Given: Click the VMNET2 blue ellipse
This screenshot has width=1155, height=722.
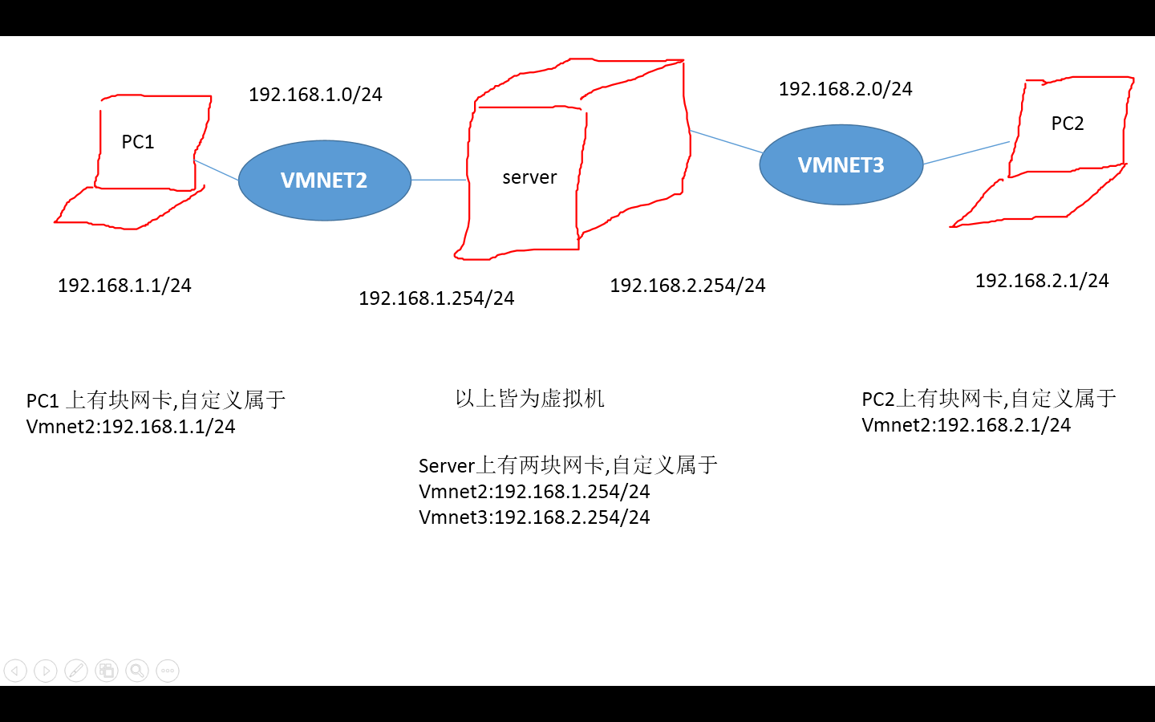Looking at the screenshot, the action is pos(324,180).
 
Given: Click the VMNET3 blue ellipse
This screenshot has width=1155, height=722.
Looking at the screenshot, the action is pos(841,165).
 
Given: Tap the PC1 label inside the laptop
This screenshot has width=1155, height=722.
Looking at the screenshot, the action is pos(138,142).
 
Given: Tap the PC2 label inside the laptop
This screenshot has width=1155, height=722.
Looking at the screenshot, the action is pos(1068,124).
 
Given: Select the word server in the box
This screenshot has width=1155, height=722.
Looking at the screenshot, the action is pos(529,177).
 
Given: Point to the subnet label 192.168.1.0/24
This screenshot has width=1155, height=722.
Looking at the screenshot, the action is pos(315,95).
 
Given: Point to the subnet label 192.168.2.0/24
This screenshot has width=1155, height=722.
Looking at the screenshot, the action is pos(845,89).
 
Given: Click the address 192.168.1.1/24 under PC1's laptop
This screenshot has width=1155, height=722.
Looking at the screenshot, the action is pos(124,286).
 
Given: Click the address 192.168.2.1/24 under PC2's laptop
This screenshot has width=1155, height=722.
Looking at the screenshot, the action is pos(1042,281).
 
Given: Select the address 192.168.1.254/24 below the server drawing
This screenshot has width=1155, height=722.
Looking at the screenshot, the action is pos(436,298).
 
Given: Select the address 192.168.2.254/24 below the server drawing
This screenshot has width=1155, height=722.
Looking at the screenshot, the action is pos(687,286).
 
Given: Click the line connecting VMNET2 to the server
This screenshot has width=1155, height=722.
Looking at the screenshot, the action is pos(439,180).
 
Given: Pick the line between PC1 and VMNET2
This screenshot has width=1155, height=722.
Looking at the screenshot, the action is pos(217,170).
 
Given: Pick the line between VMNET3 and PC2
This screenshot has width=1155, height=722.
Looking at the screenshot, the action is pos(967,153).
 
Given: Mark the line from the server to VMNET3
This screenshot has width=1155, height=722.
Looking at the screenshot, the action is pos(726,141).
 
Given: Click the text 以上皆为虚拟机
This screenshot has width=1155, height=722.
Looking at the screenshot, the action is pos(529,399).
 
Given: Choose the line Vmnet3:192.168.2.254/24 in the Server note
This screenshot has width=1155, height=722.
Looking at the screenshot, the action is pos(534,517).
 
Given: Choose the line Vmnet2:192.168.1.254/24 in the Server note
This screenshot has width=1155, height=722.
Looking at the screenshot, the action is pos(534,492).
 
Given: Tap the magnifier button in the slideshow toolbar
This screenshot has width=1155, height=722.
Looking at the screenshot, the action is pos(137,671).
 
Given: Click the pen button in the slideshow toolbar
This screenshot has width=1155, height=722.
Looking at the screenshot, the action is pos(76,671).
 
